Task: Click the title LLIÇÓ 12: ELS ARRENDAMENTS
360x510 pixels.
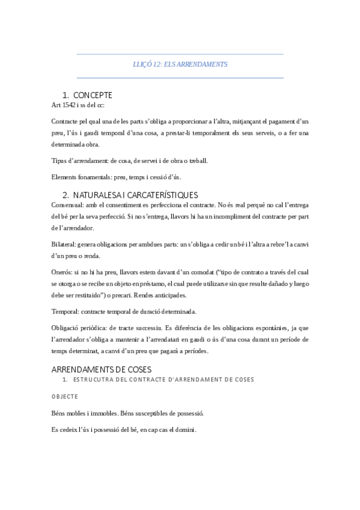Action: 180,63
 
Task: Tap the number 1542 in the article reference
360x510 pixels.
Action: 69,105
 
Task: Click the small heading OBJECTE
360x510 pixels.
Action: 64,397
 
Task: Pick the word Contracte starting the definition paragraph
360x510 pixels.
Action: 67,121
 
